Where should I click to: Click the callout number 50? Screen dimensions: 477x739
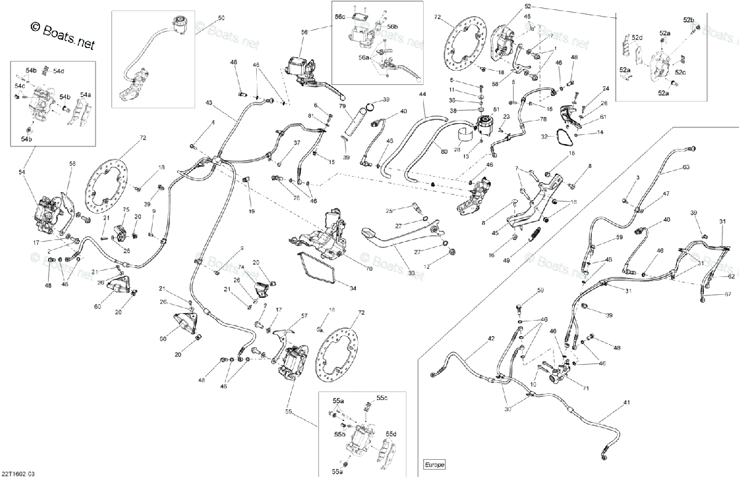click(221, 18)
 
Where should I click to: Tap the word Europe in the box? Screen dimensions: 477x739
click(434, 464)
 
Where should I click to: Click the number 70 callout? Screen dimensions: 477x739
click(352, 269)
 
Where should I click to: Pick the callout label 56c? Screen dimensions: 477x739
click(340, 17)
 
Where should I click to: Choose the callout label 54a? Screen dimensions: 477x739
click(84, 95)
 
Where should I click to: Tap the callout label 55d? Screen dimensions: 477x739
click(392, 433)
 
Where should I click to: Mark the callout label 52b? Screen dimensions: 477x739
click(688, 21)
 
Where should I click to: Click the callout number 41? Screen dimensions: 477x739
click(627, 403)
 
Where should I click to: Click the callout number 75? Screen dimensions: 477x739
click(126, 209)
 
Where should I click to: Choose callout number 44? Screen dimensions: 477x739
click(422, 94)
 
